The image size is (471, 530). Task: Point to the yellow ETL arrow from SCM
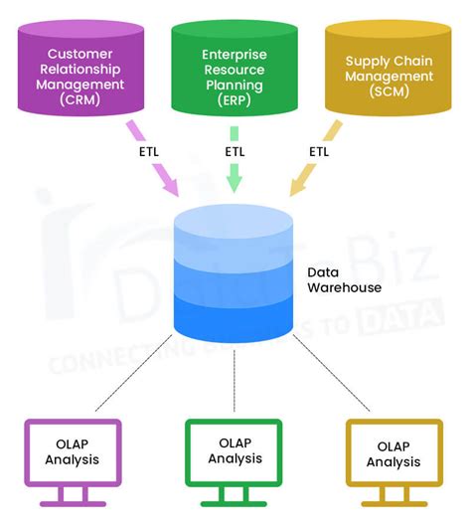(314, 159)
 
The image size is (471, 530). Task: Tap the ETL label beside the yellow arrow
(318, 151)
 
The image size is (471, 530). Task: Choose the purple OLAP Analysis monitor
(73, 452)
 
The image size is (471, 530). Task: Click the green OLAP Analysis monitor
(234, 452)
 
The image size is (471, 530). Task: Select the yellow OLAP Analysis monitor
(394, 453)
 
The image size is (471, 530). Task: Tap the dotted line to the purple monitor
(134, 376)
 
